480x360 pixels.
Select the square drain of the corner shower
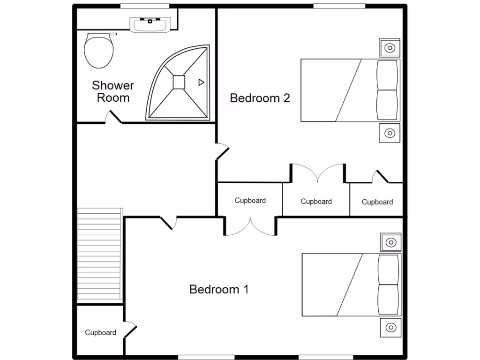(179, 82)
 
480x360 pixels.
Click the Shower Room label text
(112, 91)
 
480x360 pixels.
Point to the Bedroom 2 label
(260, 98)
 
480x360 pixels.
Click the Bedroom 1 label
(219, 289)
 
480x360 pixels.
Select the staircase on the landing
(99, 256)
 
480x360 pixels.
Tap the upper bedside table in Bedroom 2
(390, 47)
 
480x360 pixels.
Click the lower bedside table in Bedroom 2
(390, 133)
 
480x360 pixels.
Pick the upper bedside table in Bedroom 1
(390, 242)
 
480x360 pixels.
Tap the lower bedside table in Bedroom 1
(390, 327)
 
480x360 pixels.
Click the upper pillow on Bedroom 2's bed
(387, 75)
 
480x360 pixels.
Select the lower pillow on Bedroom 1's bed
(388, 300)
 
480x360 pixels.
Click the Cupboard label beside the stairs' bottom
(100, 332)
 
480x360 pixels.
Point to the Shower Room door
(113, 118)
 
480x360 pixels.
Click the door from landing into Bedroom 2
(222, 152)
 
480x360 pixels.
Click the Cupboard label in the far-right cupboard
(377, 202)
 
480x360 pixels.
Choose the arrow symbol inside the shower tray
(201, 82)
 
